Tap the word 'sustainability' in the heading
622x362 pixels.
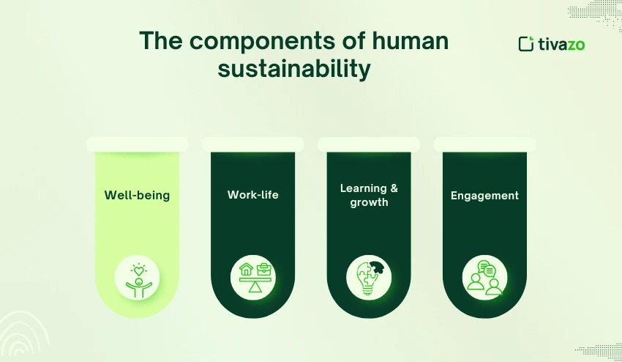click(x=294, y=70)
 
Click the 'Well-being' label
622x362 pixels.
click(x=137, y=195)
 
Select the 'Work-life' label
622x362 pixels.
click(x=252, y=195)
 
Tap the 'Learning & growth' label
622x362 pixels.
click(x=369, y=195)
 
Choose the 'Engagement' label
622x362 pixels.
click(x=484, y=195)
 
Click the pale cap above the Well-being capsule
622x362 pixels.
click(x=137, y=144)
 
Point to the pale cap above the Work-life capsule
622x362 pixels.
click(x=252, y=144)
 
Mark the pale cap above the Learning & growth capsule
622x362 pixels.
click(x=369, y=144)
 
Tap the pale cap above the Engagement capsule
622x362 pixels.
click(x=484, y=144)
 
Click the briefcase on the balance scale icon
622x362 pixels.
click(x=263, y=270)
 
